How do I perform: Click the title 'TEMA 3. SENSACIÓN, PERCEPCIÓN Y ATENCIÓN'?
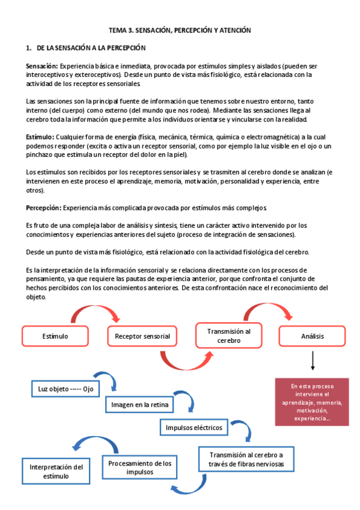pos(179,29)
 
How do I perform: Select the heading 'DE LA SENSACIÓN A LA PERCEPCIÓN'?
pos(91,48)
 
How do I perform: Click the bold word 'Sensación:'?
pos(41,65)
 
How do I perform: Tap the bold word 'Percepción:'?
pos(43,207)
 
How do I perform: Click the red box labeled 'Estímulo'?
pos(55,336)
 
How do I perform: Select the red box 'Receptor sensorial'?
pos(142,336)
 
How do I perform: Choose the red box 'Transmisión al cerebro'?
pos(228,336)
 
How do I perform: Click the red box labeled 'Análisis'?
pos(312,336)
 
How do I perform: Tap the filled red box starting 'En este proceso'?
pos(311,401)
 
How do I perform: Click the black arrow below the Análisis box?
pos(313,361)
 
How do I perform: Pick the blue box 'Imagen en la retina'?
pos(139,405)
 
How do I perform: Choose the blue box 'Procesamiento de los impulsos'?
pos(139,467)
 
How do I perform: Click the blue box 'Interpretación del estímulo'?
pos(56,471)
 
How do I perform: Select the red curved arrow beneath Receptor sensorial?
pos(183,360)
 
